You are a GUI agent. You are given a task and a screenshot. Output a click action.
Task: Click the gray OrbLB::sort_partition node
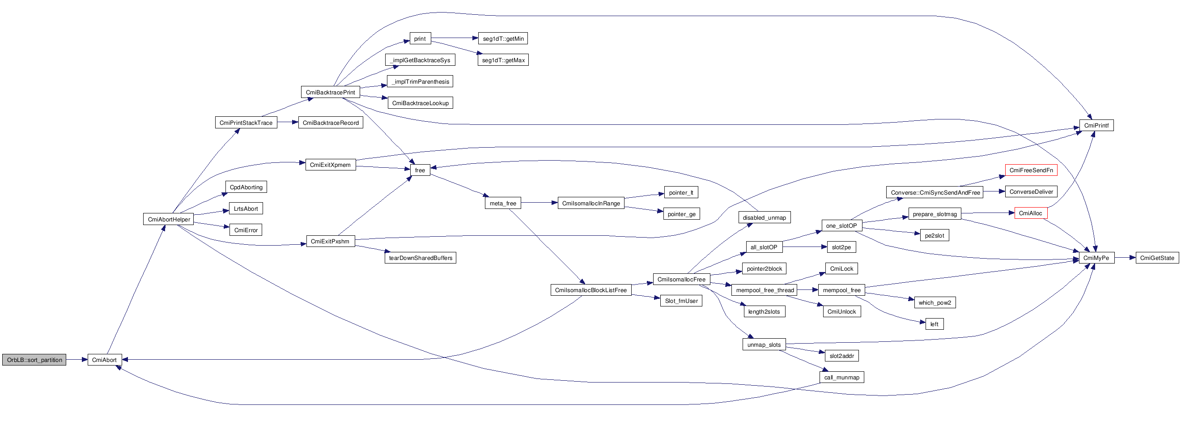tap(34, 360)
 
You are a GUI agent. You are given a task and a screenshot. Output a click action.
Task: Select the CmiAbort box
tap(105, 360)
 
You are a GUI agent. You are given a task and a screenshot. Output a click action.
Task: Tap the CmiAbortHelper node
tap(168, 219)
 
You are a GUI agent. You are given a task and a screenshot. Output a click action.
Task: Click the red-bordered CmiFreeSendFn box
tap(1031, 170)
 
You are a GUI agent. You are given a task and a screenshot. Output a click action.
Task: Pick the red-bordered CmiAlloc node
tap(1030, 213)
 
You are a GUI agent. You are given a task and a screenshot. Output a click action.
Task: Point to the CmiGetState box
tap(1157, 258)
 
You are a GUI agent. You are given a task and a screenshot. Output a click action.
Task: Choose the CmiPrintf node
tap(1096, 125)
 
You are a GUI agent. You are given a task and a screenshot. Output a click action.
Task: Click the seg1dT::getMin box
tap(503, 38)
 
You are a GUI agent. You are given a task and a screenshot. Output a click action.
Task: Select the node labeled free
tap(420, 170)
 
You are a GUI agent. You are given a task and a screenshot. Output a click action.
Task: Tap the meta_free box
tap(502, 203)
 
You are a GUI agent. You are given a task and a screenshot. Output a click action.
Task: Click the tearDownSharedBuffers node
tap(421, 258)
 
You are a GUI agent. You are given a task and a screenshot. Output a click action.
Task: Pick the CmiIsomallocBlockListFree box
tap(590, 290)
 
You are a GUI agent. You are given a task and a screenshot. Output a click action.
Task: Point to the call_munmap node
tap(841, 377)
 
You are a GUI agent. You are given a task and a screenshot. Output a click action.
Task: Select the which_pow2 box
tap(935, 302)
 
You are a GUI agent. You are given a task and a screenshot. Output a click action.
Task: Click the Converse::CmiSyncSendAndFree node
tap(935, 193)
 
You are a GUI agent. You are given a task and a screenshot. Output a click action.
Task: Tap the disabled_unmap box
tap(764, 217)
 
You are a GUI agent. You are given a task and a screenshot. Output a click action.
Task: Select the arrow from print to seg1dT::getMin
tap(454, 38)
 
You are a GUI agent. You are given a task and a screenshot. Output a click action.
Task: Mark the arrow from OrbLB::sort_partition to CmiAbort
tap(76, 360)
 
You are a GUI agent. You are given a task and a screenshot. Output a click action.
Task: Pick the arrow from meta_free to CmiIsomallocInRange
tap(539, 203)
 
